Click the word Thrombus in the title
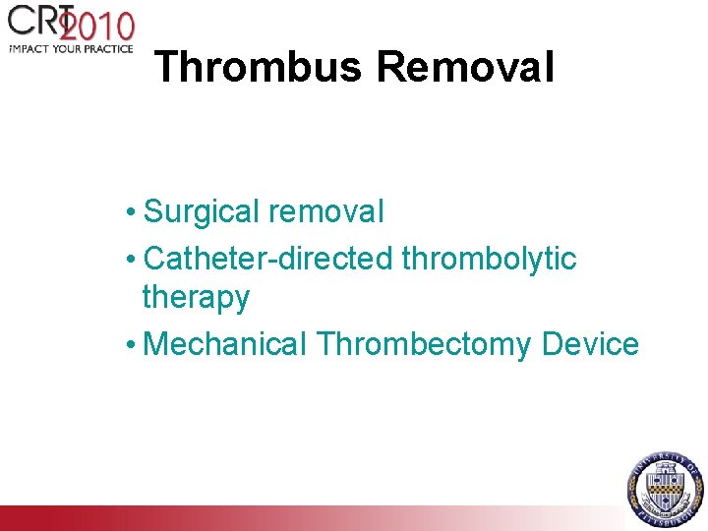coord(260,68)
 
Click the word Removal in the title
coord(465,68)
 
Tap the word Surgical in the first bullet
coord(202,211)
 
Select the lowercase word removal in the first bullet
coord(325,211)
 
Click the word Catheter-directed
coord(269,259)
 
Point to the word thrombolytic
coord(490,259)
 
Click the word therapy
coord(196,297)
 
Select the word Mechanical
coord(225,344)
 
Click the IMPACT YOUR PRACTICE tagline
coord(71,48)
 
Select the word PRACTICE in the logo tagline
coord(108,48)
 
